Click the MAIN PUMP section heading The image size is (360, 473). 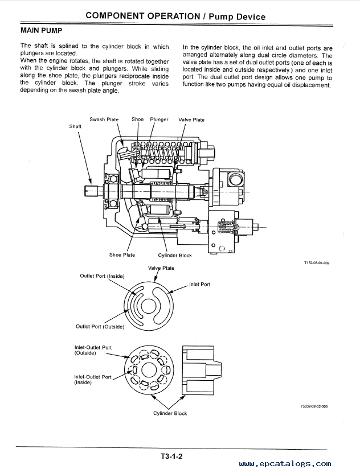coord(42,31)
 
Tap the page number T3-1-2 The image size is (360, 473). coord(171,456)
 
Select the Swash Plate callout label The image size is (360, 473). coord(104,120)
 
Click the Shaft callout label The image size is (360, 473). coord(75,126)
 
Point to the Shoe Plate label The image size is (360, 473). coord(122,255)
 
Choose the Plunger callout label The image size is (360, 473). coord(159,120)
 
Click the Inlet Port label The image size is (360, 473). coord(199,284)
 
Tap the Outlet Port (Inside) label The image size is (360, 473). coord(103,276)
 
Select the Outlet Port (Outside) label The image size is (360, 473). coord(100,327)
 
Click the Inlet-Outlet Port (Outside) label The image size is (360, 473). coord(93,350)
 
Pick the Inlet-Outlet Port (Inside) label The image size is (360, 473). coord(93,380)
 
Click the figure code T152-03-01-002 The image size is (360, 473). coord(317,263)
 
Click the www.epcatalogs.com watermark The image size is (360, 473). coord(285,464)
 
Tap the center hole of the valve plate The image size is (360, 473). coord(149,307)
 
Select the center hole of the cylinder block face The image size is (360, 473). coord(149,370)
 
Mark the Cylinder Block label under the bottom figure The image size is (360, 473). coord(170,413)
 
